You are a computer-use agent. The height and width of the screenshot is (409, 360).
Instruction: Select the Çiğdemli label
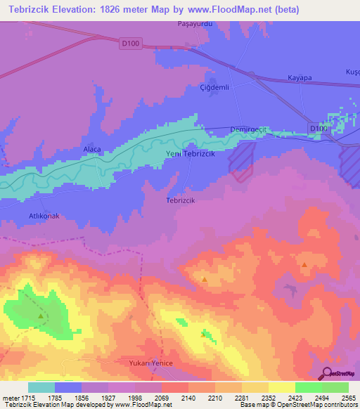click(x=214, y=89)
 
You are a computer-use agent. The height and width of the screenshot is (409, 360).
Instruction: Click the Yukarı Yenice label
click(x=150, y=363)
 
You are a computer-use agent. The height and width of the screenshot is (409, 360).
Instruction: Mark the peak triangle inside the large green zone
click(x=41, y=316)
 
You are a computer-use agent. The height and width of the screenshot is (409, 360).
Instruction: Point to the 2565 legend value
click(x=348, y=398)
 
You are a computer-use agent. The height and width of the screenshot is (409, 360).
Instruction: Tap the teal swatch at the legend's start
click(x=41, y=387)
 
